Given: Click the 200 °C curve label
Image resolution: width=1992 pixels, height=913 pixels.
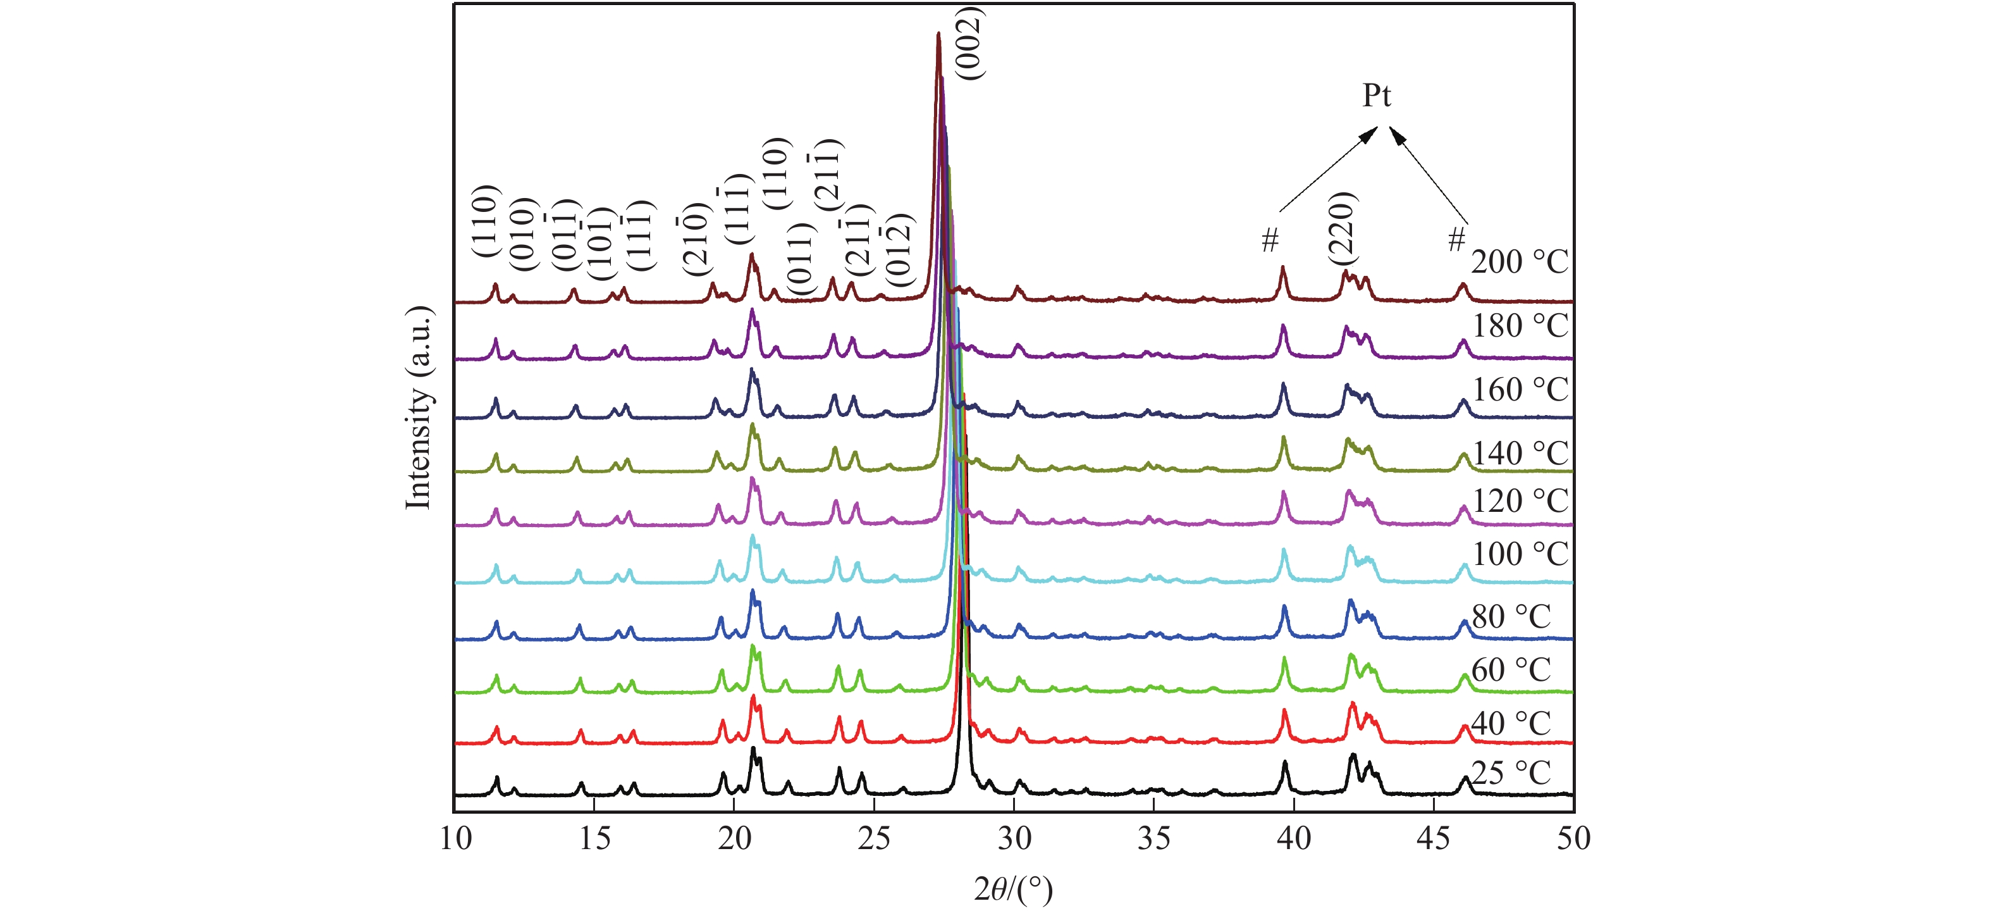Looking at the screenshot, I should (1519, 263).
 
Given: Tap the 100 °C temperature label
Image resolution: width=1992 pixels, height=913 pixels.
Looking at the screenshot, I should (1519, 555).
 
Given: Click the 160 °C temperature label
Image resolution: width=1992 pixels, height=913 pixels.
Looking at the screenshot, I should (1519, 390).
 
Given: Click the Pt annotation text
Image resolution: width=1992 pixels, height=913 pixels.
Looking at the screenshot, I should (1375, 96).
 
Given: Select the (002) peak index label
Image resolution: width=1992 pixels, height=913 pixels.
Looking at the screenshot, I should (969, 43).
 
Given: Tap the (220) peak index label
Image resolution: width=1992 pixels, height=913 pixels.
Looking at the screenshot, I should (1342, 228).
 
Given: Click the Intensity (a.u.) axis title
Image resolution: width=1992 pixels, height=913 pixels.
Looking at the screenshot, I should (419, 409).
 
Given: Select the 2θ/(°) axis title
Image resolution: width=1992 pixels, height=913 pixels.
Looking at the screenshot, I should (1013, 890).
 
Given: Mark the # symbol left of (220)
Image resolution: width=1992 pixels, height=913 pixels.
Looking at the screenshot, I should (1269, 240).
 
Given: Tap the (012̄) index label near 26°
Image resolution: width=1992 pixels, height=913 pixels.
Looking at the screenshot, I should (899, 250).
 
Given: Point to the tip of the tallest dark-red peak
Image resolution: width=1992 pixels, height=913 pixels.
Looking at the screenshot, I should (938, 34).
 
